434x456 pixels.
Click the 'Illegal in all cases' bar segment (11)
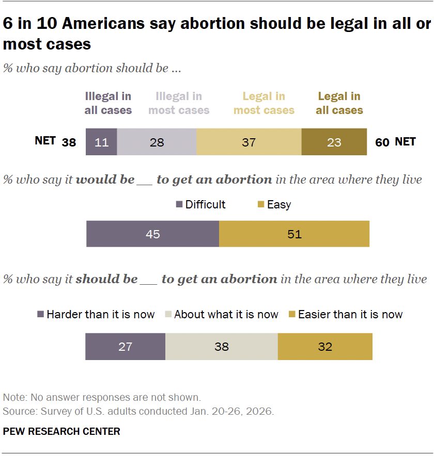click(x=101, y=142)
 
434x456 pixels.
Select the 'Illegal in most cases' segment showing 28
click(x=157, y=142)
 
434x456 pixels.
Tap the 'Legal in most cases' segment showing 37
click(x=249, y=142)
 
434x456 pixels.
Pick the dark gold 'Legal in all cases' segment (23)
click(x=334, y=142)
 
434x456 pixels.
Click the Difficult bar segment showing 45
click(x=152, y=234)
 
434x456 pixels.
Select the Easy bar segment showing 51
click(x=294, y=234)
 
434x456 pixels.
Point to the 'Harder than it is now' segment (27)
click(x=125, y=346)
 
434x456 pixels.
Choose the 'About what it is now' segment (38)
click(x=221, y=346)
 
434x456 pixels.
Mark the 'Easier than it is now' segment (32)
click(x=325, y=346)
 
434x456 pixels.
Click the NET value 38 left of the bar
click(x=69, y=142)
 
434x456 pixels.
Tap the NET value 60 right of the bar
click(x=382, y=142)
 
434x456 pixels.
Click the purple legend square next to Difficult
click(x=179, y=205)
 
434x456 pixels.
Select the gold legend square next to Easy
click(x=261, y=205)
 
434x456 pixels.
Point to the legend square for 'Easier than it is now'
click(x=291, y=314)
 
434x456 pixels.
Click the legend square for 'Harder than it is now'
click(x=40, y=314)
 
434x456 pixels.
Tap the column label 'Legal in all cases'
click(x=339, y=103)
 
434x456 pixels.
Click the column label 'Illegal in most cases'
click(x=179, y=103)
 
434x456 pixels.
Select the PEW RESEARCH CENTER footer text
click(x=61, y=431)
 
